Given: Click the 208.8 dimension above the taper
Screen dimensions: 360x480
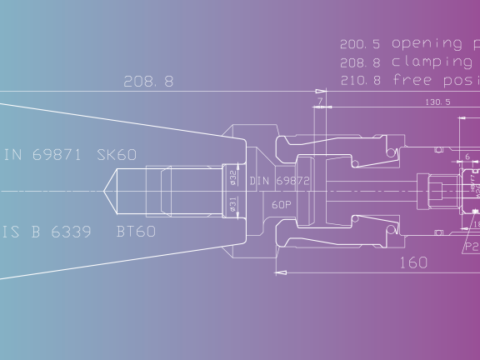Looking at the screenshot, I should [148, 82].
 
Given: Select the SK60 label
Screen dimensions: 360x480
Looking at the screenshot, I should [117, 155].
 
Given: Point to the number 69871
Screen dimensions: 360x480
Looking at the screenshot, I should [57, 155].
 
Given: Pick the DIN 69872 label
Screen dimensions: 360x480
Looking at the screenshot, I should [280, 181].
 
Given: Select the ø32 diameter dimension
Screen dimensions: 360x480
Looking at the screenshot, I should [233, 177].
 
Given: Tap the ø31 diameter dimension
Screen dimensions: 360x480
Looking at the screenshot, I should [233, 204].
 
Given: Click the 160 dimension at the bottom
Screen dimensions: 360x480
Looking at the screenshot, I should [413, 262].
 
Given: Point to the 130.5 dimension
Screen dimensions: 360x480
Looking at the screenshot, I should [437, 102].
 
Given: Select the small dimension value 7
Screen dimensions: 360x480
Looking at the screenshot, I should [319, 101].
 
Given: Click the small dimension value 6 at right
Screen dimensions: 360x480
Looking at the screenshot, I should [467, 156].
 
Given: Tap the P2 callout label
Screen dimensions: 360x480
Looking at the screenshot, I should [472, 247].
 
